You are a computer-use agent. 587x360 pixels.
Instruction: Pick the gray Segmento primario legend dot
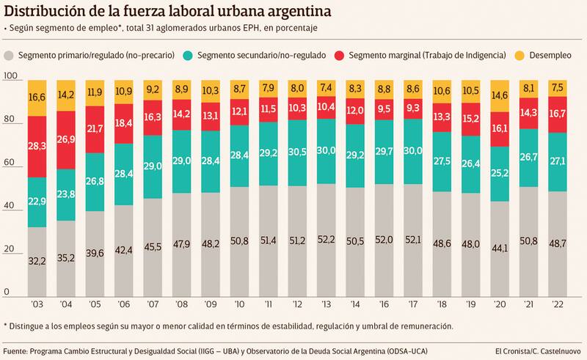click(x=9, y=55)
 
